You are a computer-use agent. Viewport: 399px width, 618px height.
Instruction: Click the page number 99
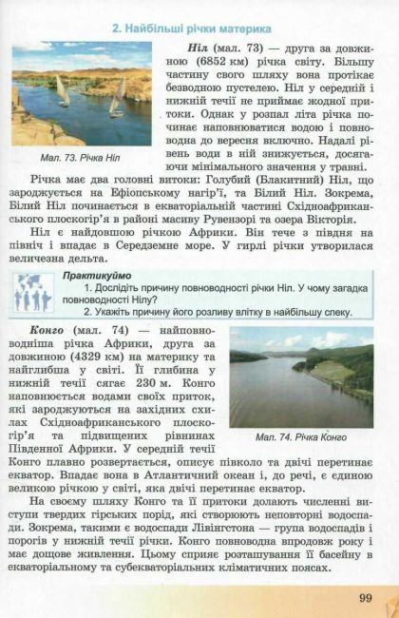click(366, 597)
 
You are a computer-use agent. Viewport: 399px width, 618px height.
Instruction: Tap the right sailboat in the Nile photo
click(118, 95)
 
